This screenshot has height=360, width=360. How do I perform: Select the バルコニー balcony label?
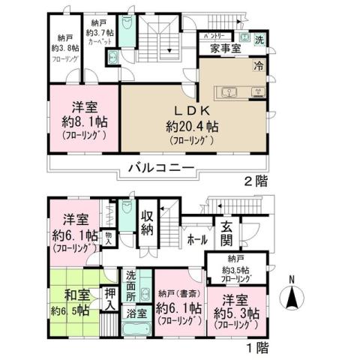coord(160,166)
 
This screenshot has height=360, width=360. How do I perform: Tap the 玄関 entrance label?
coord(226,232)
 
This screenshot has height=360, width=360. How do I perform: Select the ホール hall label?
coord(197,241)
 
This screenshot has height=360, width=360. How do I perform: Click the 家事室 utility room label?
coord(223,49)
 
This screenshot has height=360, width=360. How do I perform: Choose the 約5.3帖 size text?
coord(236,313)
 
